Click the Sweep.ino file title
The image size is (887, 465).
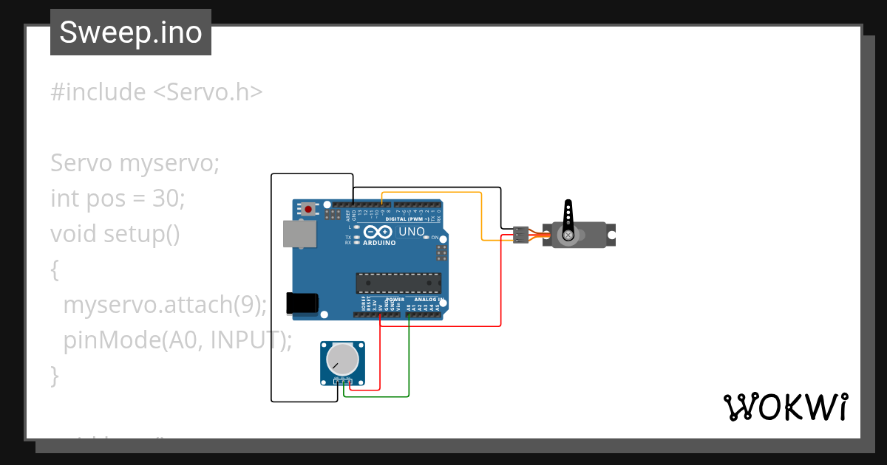tap(131, 32)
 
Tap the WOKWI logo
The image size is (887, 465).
tap(785, 407)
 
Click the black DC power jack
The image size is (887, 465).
tap(303, 303)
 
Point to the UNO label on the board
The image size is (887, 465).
tap(412, 232)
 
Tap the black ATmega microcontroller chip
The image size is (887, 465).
tap(398, 283)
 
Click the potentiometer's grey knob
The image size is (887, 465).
tap(342, 360)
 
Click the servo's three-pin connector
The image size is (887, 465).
tap(521, 234)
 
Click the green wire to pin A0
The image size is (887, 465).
tap(409, 362)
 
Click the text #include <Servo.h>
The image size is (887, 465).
tap(156, 92)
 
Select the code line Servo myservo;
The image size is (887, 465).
tap(135, 163)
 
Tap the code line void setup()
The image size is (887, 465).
tap(115, 234)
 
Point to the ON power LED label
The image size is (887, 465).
tap(435, 238)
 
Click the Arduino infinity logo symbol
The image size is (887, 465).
tap(377, 232)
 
